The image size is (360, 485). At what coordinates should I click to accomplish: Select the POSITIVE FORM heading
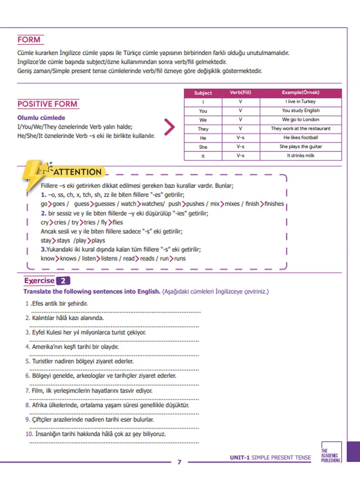pyautogui.click(x=47, y=104)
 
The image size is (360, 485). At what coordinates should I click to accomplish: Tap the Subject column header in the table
pyautogui.click(x=203, y=93)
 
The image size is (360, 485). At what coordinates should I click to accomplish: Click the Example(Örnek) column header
pyautogui.click(x=300, y=92)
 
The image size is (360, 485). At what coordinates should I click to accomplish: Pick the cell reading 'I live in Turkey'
pyautogui.click(x=300, y=101)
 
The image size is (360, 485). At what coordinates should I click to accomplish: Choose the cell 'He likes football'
pyautogui.click(x=300, y=138)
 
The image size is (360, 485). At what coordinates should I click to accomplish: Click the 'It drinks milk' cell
pyautogui.click(x=300, y=156)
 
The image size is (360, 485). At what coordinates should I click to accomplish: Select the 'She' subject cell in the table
pyautogui.click(x=203, y=147)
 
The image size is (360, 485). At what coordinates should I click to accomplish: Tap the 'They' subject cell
pyautogui.click(x=203, y=129)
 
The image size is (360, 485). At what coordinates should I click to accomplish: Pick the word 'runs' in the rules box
pyautogui.click(x=180, y=259)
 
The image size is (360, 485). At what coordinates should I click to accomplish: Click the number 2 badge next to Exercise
pyautogui.click(x=64, y=281)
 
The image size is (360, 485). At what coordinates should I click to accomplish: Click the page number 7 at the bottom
pyautogui.click(x=179, y=462)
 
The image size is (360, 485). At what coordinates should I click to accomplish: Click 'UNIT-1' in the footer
pyautogui.click(x=240, y=458)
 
